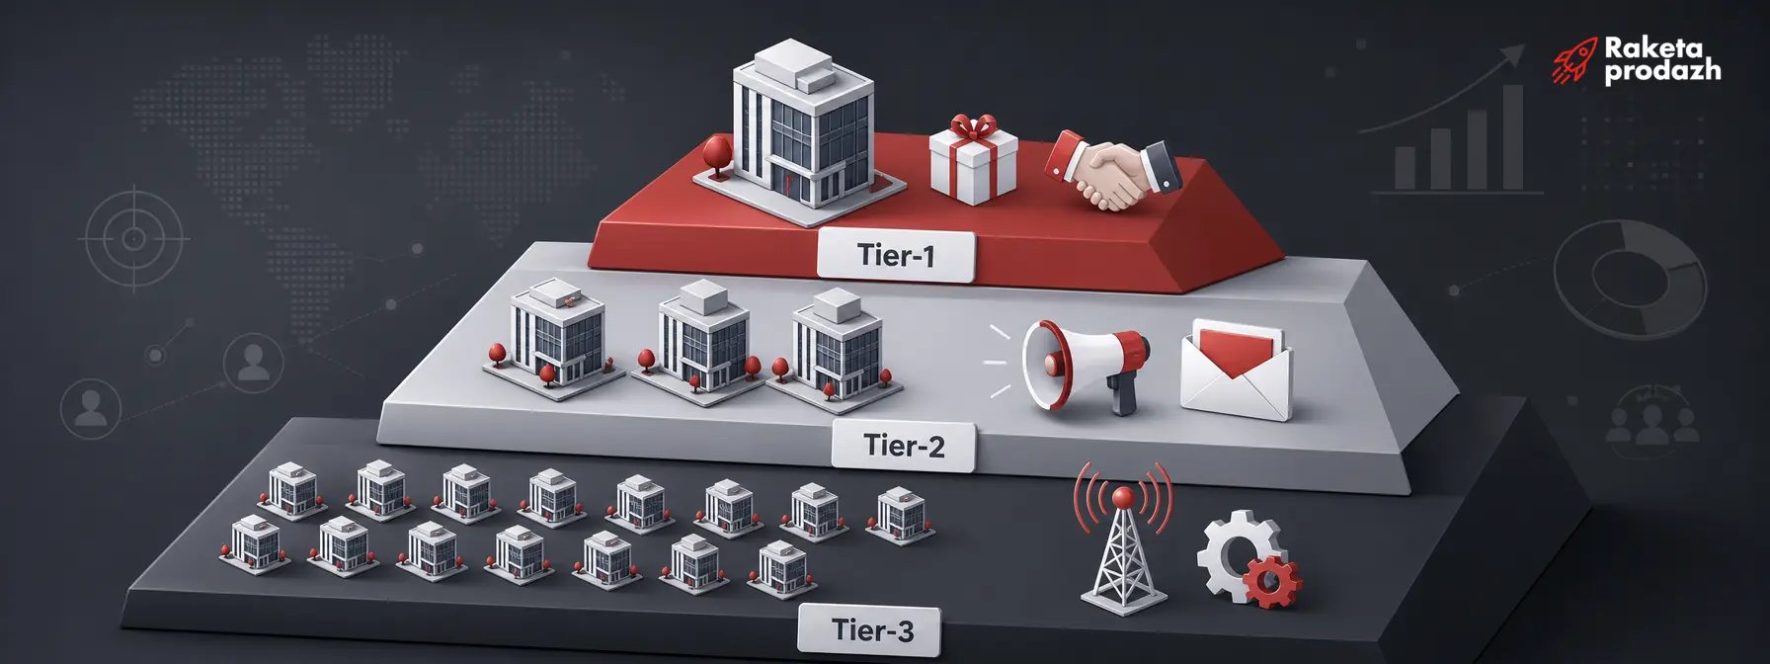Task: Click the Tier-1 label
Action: point(896,256)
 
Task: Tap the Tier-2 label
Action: point(904,446)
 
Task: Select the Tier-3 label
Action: point(870,629)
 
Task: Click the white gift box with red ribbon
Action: point(973,160)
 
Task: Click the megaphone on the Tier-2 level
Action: point(1084,365)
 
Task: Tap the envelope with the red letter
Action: point(1237,370)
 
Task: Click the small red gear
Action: point(1272,581)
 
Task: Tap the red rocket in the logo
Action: point(1573,61)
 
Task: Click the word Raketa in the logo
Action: point(1653,46)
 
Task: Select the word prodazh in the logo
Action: point(1662,71)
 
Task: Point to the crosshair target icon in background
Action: point(133,239)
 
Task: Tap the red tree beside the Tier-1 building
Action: point(716,155)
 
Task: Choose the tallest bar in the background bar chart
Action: point(1512,135)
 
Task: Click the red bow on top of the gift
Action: point(974,127)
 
